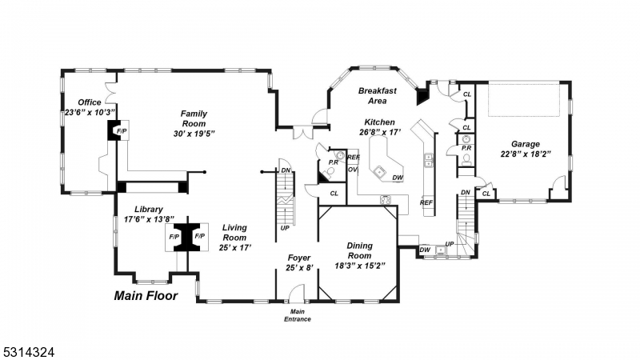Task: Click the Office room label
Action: pos(89,102)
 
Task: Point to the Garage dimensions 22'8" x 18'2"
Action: pos(520,154)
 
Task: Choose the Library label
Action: pos(149,210)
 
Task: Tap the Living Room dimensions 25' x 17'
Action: pos(234,247)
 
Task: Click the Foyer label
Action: pos(298,257)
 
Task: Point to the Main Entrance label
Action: pos(298,315)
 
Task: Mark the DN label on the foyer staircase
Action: pos(285,170)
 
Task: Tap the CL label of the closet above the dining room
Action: pos(334,193)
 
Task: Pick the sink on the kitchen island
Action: pos(378,171)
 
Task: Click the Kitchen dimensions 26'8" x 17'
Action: pos(378,132)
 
